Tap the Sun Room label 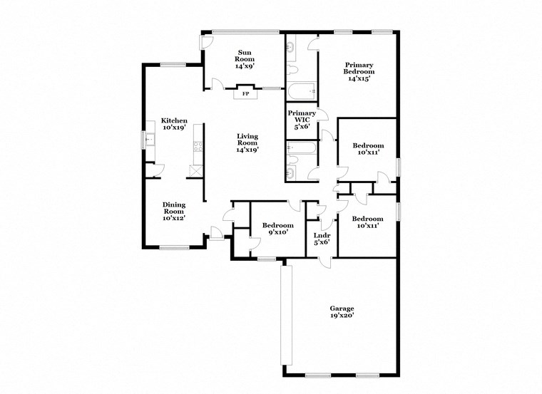(x=245, y=57)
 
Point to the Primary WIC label (x=302, y=118)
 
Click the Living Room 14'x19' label (x=247, y=142)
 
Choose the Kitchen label (x=174, y=124)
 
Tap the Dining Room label (x=174, y=211)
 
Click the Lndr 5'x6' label (x=320, y=238)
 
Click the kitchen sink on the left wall (x=149, y=140)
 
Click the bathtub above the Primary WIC (x=301, y=91)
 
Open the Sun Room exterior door (x=205, y=43)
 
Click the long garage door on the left (x=287, y=313)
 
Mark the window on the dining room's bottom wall (x=174, y=248)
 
